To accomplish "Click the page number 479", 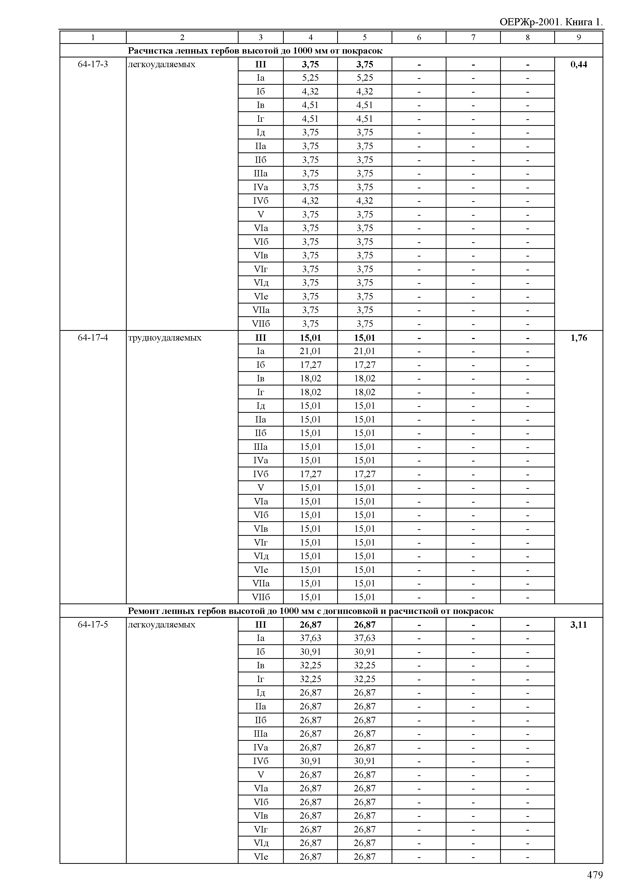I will pos(594,875).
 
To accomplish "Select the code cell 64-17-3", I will pos(93,64).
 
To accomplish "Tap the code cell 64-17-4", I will pos(93,337).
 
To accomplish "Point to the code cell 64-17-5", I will pos(93,624).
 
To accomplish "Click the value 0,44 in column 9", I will pos(579,64).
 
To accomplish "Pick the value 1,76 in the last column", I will pos(579,337).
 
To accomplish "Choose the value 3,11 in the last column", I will pos(579,624).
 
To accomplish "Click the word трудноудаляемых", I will pos(165,337).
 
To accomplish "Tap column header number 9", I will pos(579,38).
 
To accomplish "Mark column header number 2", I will pos(182,38).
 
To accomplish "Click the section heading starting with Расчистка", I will pos(255,51).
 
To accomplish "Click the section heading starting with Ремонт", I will pos(311,611).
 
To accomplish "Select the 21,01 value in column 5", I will pos(364,351).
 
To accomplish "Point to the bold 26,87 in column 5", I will pos(364,624).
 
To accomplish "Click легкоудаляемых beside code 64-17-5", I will pos(162,624).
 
